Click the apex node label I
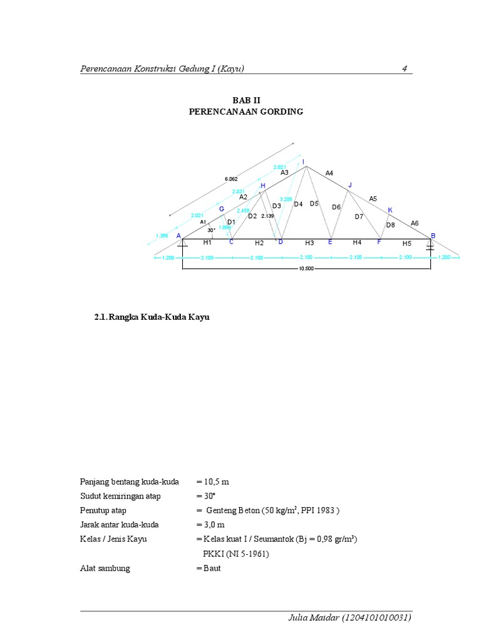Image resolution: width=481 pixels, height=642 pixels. [304, 162]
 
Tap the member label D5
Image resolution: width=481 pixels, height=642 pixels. [314, 204]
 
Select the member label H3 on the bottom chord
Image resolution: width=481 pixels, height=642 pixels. [309, 243]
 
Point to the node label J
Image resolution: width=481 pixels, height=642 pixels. [350, 185]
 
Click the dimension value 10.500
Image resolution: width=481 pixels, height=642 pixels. [306, 269]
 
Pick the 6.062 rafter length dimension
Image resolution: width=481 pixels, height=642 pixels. [231, 179]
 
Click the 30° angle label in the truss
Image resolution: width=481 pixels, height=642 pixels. [212, 230]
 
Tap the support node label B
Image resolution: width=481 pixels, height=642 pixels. [432, 236]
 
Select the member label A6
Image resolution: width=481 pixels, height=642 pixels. [415, 223]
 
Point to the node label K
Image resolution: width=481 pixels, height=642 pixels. [390, 210]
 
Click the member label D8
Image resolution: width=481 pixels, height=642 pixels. [390, 225]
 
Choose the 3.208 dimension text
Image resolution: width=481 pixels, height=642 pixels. [286, 199]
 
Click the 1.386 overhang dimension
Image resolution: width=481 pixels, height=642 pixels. [162, 236]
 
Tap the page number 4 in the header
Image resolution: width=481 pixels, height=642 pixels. [405, 69]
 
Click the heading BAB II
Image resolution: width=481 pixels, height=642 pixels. [246, 100]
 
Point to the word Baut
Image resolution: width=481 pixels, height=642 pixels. [213, 568]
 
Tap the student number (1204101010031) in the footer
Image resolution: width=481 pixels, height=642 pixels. [376, 618]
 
